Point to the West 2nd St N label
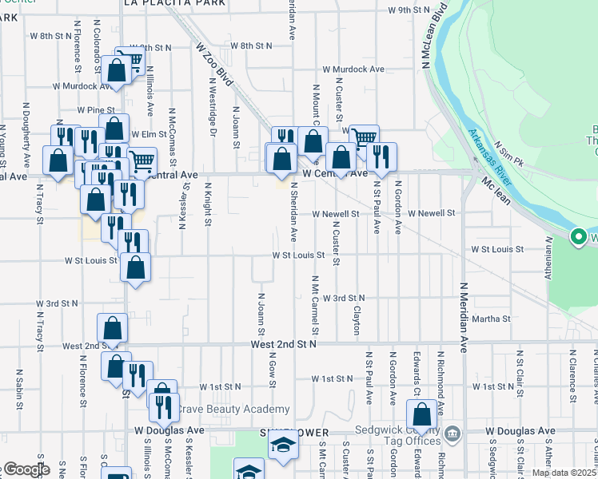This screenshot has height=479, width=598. tap(284, 344)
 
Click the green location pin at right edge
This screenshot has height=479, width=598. tap(578, 237)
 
